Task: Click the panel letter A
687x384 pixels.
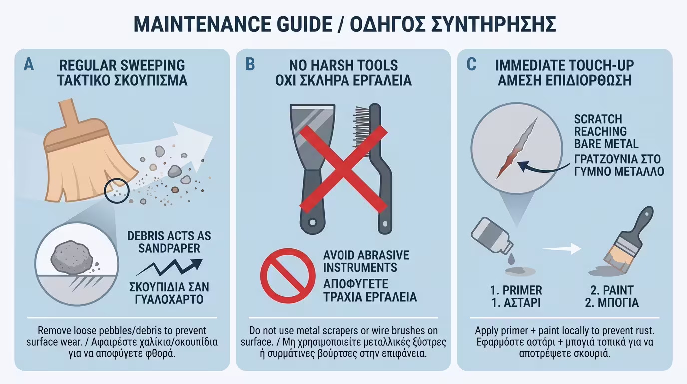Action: click(29, 65)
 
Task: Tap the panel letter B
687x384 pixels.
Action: click(250, 65)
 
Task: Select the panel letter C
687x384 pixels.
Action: click(471, 65)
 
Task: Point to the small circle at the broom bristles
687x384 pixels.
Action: click(117, 190)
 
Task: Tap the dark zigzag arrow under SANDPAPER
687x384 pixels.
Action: click(170, 267)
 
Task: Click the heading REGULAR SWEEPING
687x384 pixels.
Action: click(122, 65)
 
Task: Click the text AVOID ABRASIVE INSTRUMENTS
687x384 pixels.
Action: click(366, 261)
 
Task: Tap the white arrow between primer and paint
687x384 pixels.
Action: click(562, 248)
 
